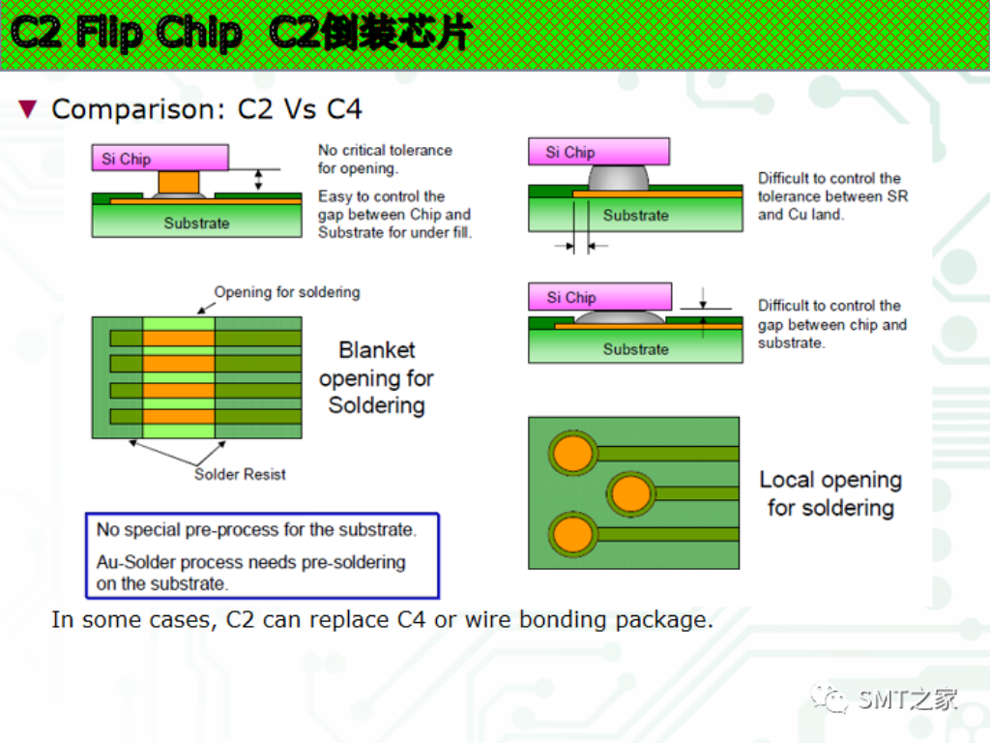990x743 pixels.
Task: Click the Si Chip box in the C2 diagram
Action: point(160,158)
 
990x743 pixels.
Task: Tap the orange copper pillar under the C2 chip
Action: point(178,182)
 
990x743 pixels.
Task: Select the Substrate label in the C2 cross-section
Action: point(196,223)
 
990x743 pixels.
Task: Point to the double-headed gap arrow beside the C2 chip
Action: point(258,179)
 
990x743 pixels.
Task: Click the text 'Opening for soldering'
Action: point(287,292)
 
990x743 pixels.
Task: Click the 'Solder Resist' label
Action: point(240,474)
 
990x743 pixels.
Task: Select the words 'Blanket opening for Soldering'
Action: point(376,378)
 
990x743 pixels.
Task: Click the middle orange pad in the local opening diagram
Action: point(632,493)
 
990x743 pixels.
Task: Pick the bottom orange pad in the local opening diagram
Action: point(572,533)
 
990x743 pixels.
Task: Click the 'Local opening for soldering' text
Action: point(830,493)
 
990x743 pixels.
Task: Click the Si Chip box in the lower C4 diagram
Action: point(599,297)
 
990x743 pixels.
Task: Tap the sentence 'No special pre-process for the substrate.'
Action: point(256,530)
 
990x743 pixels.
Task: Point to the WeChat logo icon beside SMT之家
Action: point(831,697)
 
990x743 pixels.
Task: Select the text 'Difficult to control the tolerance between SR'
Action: point(832,188)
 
